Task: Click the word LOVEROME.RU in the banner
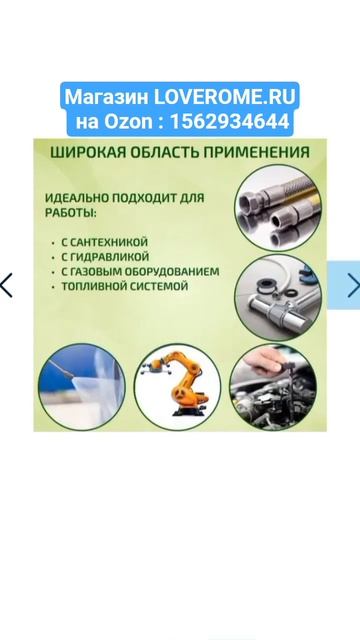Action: coord(224,97)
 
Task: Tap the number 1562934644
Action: coord(230,121)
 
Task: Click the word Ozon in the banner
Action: coord(128,121)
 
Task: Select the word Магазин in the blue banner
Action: coord(107,97)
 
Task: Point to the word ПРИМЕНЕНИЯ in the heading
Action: coord(256,152)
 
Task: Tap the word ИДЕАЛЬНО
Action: coord(76,198)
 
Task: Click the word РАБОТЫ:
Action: coord(71,213)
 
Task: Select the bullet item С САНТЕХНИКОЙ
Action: coord(104,242)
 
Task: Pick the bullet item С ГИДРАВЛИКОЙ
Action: coord(105,257)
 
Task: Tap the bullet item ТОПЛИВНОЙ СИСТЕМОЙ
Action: coord(124,286)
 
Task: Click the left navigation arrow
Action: coord(7,285)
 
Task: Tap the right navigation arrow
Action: coord(353,285)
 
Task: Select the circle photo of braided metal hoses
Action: coord(278,207)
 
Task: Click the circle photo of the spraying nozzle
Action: coord(82,387)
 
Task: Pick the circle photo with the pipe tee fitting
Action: coord(278,297)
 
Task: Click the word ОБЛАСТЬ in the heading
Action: coord(164,152)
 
